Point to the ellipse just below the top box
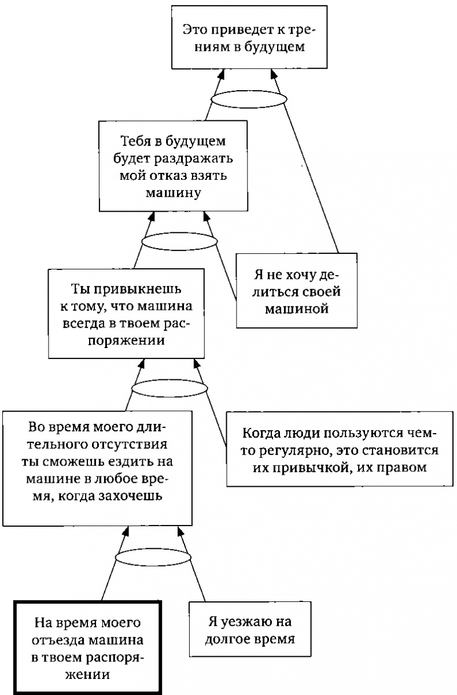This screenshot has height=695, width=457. [248, 100]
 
